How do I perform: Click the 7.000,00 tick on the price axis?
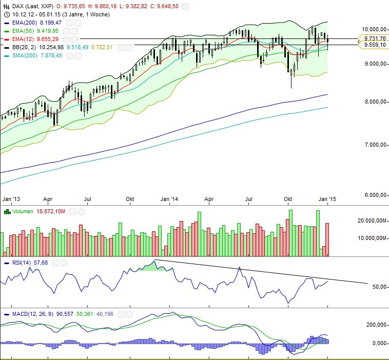pos(373,145)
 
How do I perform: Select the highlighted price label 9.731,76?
pos(374,38)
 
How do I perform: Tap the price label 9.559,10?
pos(374,45)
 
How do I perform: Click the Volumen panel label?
pos(20,211)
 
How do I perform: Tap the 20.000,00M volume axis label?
pos(372,221)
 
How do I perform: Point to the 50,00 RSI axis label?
pos(379,287)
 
